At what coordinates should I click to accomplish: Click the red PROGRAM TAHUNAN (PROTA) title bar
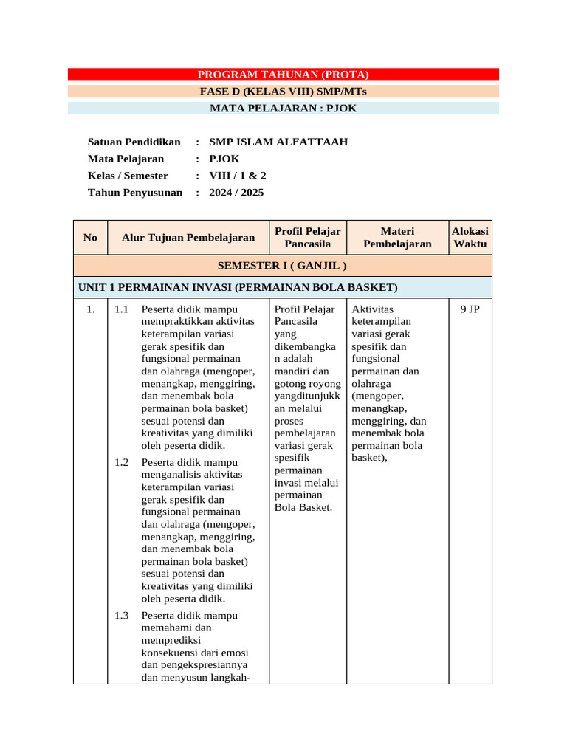[x=283, y=75]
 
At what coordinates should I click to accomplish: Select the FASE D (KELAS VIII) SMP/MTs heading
[x=283, y=92]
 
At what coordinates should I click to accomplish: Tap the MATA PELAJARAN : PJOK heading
[x=283, y=109]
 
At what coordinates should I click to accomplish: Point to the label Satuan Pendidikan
[x=134, y=142]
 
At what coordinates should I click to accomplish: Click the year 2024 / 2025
[x=236, y=193]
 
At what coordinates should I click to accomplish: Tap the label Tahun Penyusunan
[x=134, y=193]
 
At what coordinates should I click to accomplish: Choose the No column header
[x=90, y=237]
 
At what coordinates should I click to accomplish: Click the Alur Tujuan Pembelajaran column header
[x=188, y=237]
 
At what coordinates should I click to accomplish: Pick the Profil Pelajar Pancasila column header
[x=307, y=237]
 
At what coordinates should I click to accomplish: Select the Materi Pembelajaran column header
[x=397, y=237]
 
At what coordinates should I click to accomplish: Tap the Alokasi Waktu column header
[x=470, y=237]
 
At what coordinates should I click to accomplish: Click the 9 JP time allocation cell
[x=470, y=309]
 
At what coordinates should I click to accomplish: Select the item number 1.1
[x=122, y=309]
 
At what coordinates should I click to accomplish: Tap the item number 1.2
[x=122, y=462]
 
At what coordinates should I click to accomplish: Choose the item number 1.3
[x=122, y=616]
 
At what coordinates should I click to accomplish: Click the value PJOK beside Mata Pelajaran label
[x=224, y=159]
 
